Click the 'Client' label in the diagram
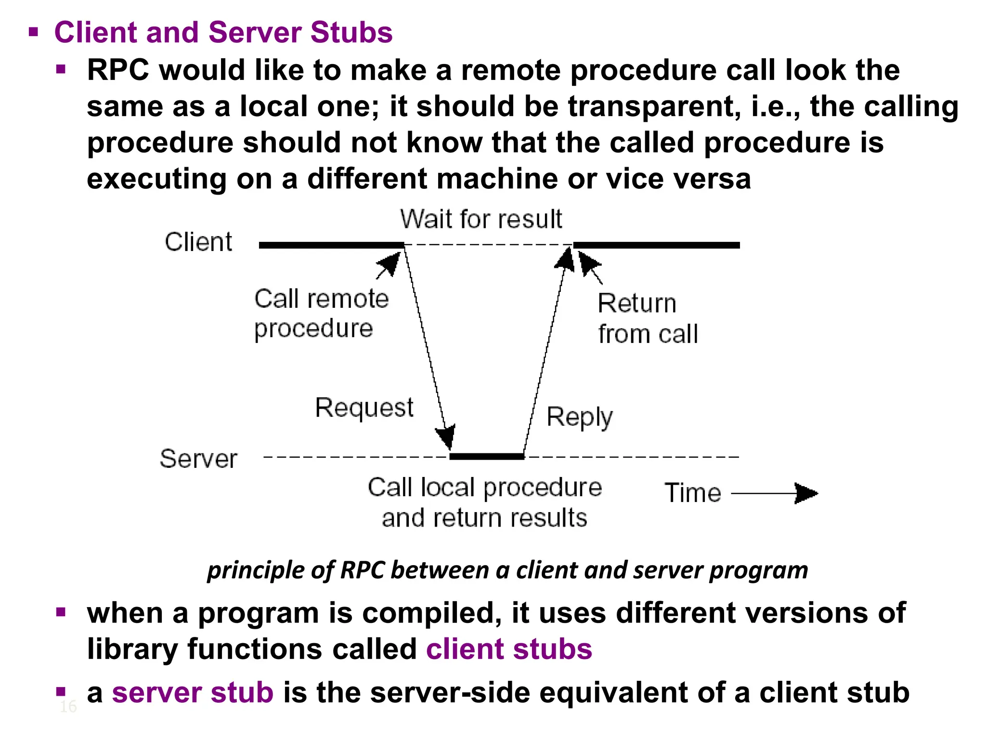pyautogui.click(x=198, y=242)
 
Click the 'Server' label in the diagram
pyautogui.click(x=198, y=459)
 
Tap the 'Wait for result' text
pyautogui.click(x=481, y=219)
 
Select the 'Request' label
pyautogui.click(x=364, y=408)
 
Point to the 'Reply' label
pyautogui.click(x=580, y=417)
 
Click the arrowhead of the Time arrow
pyautogui.click(x=806, y=493)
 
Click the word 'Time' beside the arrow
pyautogui.click(x=693, y=493)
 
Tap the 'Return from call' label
pyautogui.click(x=648, y=319)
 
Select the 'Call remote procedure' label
pyautogui.click(x=321, y=313)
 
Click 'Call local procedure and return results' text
pyautogui.click(x=484, y=502)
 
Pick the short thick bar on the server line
pyautogui.click(x=487, y=456)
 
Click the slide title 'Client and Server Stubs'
pyautogui.click(x=223, y=33)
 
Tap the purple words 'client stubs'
pyautogui.click(x=509, y=649)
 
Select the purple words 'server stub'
pyautogui.click(x=193, y=693)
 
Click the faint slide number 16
pyautogui.click(x=68, y=707)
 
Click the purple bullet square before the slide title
pyautogui.click(x=33, y=33)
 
